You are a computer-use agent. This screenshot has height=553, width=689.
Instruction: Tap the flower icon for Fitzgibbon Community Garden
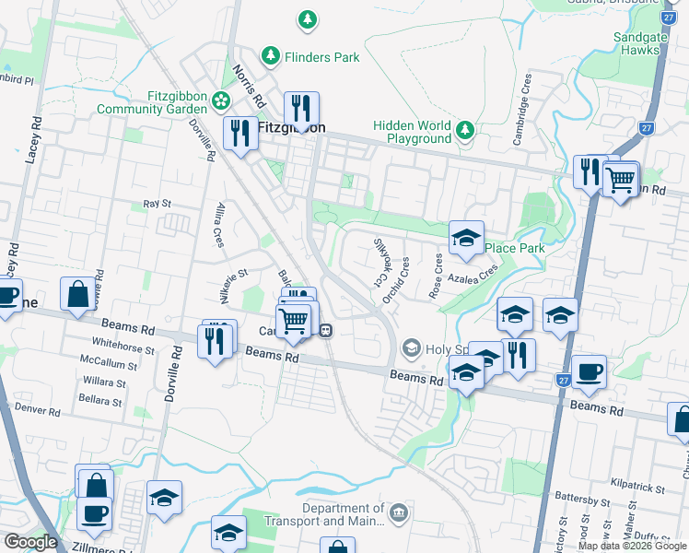(220, 100)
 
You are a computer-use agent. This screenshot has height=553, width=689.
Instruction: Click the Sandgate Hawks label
(636, 43)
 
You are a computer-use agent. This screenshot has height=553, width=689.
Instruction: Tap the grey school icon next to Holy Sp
(411, 347)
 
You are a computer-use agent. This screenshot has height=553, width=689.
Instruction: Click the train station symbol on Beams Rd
(326, 329)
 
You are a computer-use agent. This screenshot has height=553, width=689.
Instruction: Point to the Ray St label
(157, 203)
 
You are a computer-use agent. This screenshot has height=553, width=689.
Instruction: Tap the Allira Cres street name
(218, 225)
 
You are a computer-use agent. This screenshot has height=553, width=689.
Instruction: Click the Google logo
(30, 542)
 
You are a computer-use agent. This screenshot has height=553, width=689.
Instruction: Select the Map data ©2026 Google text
(632, 546)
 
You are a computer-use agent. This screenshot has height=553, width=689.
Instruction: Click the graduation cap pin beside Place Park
(466, 237)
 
